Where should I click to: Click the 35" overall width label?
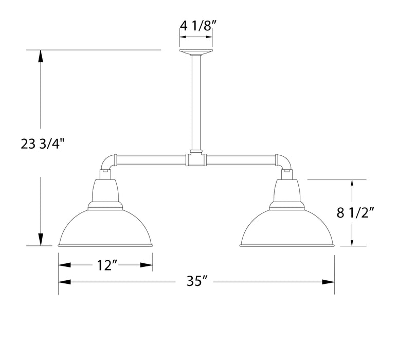pyautogui.click(x=197, y=282)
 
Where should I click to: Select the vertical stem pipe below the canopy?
pyautogui.click(x=196, y=103)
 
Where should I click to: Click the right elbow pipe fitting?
pyautogui.click(x=283, y=161)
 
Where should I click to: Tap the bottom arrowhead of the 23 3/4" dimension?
pyautogui.click(x=40, y=239)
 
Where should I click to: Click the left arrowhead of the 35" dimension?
pyautogui.click(x=64, y=282)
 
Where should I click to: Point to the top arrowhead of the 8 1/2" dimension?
pyautogui.click(x=352, y=186)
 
